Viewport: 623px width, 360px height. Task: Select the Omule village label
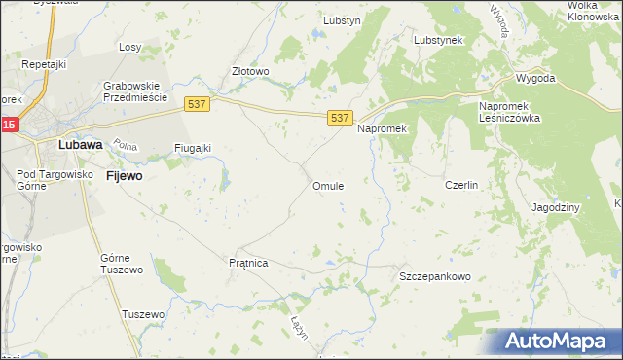(327, 186)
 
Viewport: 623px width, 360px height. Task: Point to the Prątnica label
(247, 263)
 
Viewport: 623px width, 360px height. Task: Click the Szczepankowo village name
(435, 277)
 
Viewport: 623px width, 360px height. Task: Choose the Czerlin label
(460, 185)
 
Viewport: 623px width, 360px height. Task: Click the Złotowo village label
(249, 71)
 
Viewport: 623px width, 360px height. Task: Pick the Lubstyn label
(343, 18)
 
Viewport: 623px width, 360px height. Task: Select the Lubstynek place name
(438, 40)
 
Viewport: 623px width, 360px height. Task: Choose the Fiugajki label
(193, 148)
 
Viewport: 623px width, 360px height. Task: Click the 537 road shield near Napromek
(339, 118)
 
